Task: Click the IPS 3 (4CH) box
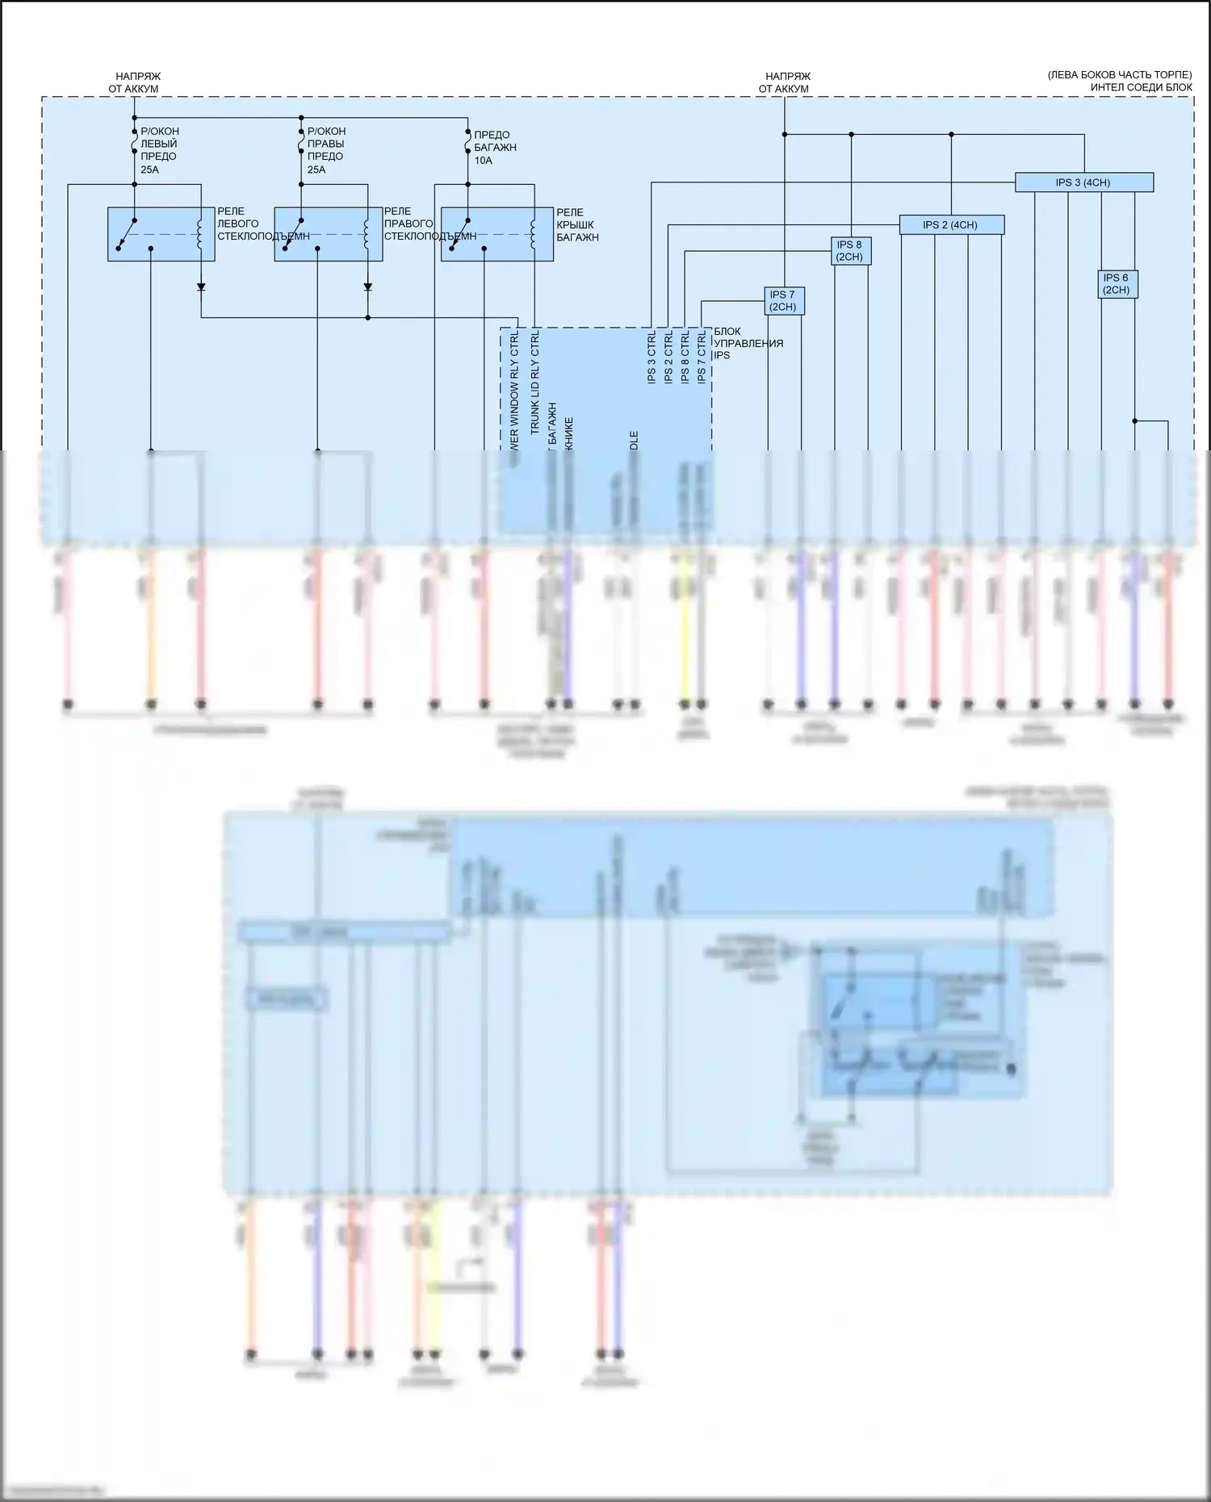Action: coord(1083,182)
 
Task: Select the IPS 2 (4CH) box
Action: coord(951,225)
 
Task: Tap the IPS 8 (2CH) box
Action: coord(849,251)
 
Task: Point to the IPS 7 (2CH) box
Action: coord(783,301)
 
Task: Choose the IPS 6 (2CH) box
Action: coord(1117,284)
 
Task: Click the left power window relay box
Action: coord(161,234)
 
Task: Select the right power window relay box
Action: coord(328,234)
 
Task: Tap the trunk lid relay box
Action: coord(497,234)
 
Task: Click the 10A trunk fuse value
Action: coord(483,161)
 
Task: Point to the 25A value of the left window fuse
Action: coord(149,169)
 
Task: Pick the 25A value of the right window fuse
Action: coord(316,169)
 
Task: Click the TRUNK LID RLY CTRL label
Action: coord(535,382)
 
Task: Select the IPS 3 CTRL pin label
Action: coord(652,357)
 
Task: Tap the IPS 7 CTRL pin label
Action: coord(702,357)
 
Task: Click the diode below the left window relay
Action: coord(201,287)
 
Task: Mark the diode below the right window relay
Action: coord(367,287)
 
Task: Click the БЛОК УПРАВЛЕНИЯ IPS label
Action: coord(748,343)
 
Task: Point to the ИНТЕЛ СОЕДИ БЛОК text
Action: coord(1141,87)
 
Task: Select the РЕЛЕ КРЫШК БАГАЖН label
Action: coord(577,225)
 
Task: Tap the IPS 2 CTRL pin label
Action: coord(668,357)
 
